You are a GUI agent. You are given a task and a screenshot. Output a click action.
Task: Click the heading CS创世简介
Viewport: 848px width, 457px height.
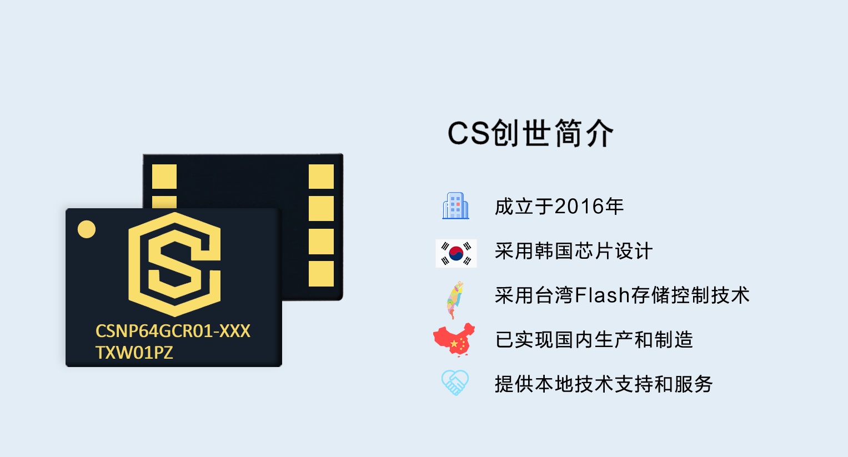click(x=530, y=134)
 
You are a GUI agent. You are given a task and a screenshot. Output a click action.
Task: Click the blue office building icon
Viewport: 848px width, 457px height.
click(x=455, y=206)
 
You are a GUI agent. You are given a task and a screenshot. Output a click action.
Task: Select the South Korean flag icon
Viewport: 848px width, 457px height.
click(x=456, y=253)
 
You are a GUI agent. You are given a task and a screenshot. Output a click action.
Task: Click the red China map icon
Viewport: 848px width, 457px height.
click(x=454, y=339)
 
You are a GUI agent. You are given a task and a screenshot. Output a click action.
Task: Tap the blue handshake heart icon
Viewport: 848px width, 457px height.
click(x=455, y=383)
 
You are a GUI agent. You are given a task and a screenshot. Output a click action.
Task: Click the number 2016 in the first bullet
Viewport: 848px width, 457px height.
click(x=579, y=207)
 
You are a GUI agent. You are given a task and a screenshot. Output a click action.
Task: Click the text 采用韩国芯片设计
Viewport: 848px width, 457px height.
click(x=573, y=251)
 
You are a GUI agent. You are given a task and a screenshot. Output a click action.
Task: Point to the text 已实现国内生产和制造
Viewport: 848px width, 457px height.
click(x=594, y=340)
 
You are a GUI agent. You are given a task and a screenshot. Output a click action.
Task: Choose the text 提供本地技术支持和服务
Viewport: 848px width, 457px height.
click(x=604, y=384)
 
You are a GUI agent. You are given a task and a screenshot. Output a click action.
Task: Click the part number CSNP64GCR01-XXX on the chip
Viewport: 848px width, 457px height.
click(x=173, y=332)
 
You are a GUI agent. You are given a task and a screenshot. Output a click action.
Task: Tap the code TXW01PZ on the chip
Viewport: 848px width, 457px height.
click(x=134, y=353)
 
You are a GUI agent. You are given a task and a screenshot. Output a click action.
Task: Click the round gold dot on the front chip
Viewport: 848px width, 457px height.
click(x=87, y=229)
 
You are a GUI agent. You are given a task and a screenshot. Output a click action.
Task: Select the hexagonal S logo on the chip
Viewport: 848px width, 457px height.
click(x=174, y=264)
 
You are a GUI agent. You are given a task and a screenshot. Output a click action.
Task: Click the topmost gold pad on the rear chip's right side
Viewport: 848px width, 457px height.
click(x=321, y=177)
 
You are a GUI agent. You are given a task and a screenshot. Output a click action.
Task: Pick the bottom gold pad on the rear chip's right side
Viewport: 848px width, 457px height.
click(x=321, y=274)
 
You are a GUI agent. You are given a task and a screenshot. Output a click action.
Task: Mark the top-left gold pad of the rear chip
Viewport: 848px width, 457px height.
click(x=164, y=177)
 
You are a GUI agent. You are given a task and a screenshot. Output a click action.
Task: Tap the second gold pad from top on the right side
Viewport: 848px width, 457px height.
click(x=321, y=209)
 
